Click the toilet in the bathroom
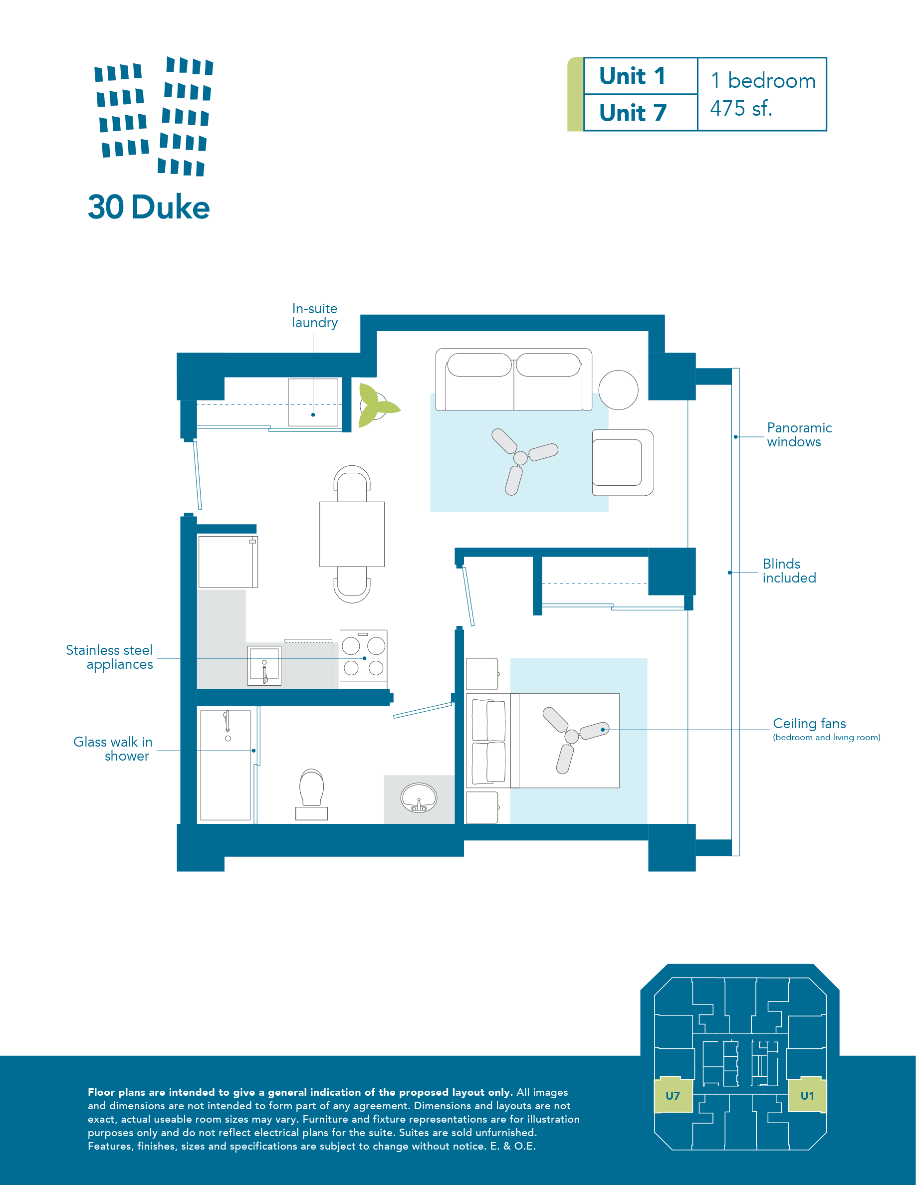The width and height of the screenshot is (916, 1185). click(x=311, y=794)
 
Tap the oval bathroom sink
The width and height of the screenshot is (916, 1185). click(x=419, y=797)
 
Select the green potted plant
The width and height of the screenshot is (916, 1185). click(x=378, y=405)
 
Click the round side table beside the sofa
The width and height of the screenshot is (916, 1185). click(x=618, y=390)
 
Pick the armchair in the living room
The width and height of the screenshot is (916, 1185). click(x=623, y=462)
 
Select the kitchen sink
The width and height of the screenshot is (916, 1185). click(x=264, y=665)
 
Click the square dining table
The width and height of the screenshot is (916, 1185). click(x=352, y=534)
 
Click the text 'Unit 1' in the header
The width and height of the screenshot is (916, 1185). click(x=632, y=76)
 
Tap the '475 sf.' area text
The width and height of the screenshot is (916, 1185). click(x=741, y=109)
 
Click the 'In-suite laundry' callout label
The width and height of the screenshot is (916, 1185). click(x=315, y=315)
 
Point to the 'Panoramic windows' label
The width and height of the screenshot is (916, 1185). click(x=799, y=434)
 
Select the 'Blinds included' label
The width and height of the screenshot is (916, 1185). click(x=789, y=571)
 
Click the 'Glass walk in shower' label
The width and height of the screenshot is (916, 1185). click(x=113, y=749)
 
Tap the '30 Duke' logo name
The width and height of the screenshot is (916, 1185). click(x=149, y=207)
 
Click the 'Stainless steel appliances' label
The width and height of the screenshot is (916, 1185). click(x=109, y=657)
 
